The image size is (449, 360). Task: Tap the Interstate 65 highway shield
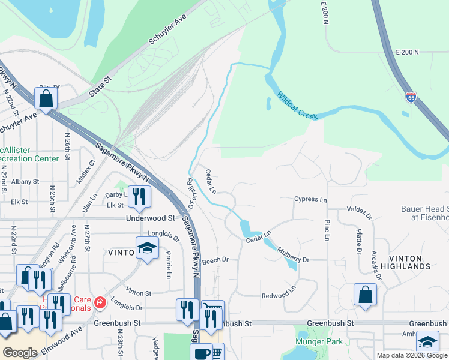(x=411, y=97)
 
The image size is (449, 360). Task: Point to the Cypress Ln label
(x=310, y=200)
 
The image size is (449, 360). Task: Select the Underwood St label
(x=149, y=219)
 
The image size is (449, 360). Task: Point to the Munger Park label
(x=318, y=341)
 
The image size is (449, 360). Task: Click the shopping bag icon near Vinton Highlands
(x=365, y=295)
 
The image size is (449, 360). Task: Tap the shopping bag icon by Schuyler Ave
(x=46, y=97)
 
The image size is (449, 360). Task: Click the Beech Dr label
(x=215, y=260)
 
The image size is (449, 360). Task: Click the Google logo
(x=20, y=353)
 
